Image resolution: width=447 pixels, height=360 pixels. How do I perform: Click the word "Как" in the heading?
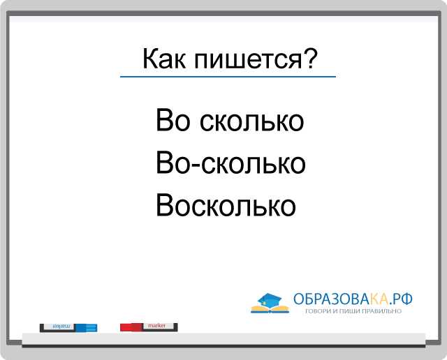coord(163,59)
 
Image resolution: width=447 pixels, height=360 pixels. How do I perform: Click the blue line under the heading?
coord(228,77)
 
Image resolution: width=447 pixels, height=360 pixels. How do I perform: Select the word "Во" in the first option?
coord(173,120)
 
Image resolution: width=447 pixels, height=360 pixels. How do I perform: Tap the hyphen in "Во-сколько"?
coord(196,165)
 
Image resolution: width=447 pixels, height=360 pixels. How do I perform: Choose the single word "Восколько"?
coord(226,205)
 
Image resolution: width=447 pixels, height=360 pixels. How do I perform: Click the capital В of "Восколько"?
coord(165,205)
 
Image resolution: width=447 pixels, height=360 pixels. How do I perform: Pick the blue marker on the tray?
coord(68,328)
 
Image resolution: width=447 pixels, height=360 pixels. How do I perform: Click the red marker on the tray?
coord(149,327)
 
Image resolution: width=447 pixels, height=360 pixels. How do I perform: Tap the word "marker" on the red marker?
coord(156,326)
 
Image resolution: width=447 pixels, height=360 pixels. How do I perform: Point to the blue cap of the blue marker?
coord(86,328)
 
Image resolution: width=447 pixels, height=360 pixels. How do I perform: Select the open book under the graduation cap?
coord(270,309)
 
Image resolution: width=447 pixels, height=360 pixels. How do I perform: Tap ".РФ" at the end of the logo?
coord(400,299)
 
